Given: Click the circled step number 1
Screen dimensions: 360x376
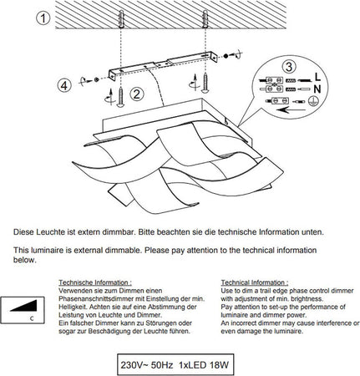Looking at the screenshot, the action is point(43,18).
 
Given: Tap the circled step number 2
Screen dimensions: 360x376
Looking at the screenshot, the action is point(137,94).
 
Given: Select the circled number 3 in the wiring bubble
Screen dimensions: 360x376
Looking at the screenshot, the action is point(289,67).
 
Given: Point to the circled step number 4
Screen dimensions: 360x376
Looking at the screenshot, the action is point(64,85).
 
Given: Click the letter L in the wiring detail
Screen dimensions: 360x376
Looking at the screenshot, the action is point(317,76).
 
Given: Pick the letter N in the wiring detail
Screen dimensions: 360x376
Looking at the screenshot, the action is point(317,89).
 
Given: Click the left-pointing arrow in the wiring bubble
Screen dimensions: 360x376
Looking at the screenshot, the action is point(291,109).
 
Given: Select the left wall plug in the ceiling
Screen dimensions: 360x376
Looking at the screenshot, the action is point(120,18).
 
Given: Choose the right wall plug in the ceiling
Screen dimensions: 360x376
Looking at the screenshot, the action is point(205,18).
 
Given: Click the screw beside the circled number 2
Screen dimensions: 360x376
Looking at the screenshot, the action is point(120,96).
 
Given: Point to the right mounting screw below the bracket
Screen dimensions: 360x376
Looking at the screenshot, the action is point(205,83).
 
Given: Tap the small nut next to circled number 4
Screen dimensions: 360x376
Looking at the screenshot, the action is point(96,79).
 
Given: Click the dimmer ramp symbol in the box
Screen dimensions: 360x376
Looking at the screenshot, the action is point(24,306).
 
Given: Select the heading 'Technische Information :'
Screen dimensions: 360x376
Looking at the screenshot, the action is point(95,282).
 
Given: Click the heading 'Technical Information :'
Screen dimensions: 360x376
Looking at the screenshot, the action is point(255,282).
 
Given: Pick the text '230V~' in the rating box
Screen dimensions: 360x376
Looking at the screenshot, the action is point(133,365).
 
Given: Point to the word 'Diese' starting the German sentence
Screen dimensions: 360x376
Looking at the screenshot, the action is point(24,232).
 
